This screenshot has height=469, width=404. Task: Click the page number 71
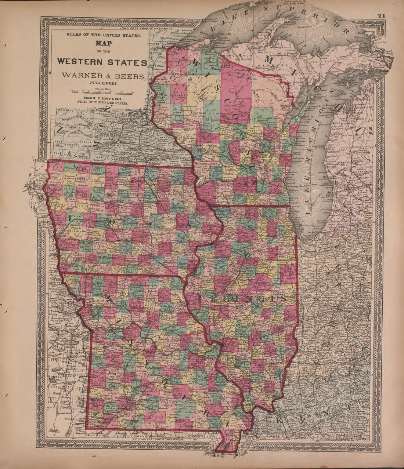[380, 16]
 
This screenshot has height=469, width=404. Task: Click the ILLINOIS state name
[242, 298]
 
